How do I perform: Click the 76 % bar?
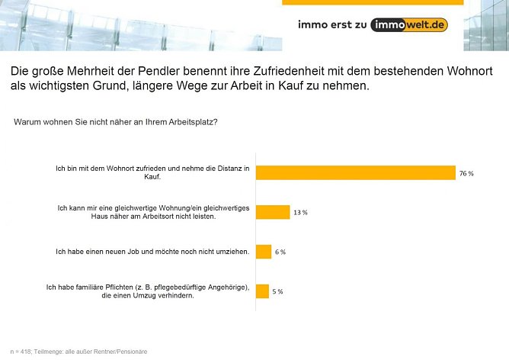(355, 172)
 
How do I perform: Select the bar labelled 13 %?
(273, 212)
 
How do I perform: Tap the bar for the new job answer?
(264, 252)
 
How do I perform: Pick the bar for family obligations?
(262, 291)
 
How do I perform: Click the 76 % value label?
(466, 173)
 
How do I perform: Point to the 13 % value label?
(300, 212)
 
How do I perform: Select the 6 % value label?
(280, 252)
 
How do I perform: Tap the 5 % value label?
(277, 291)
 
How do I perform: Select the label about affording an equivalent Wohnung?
(152, 212)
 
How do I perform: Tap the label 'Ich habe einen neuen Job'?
(152, 252)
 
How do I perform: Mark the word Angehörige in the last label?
(223, 287)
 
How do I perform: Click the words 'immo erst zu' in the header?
(332, 24)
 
